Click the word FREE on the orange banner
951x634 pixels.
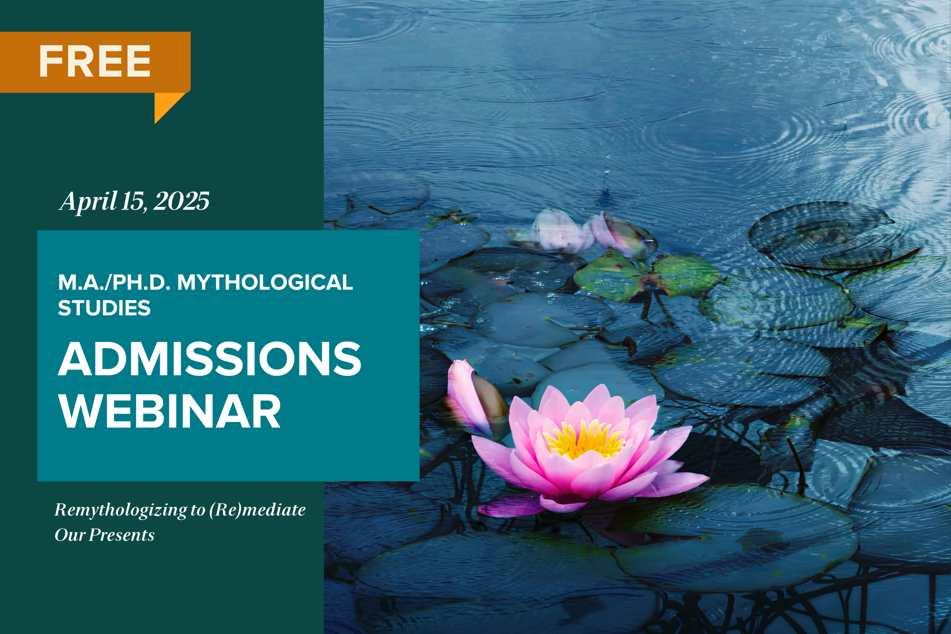95,61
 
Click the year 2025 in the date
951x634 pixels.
182,201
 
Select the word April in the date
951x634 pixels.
88,202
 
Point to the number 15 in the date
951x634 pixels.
134,201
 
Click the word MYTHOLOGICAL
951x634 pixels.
265,283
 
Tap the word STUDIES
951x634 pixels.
104,308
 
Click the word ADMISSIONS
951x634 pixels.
210,359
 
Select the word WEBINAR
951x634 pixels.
170,411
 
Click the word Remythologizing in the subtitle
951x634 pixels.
121,510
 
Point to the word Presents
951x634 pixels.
122,535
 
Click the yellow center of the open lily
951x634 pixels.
584,439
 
